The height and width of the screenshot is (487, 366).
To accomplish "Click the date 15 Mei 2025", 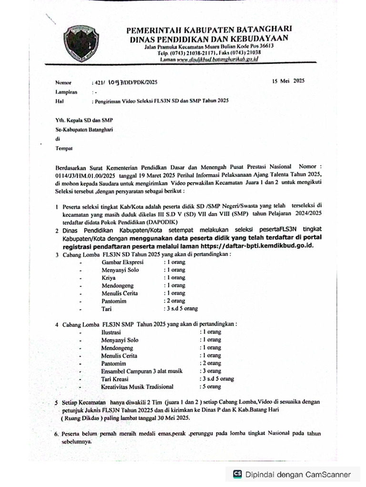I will coord(288,81).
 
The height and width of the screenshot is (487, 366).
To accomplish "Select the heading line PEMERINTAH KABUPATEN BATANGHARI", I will coord(209,30).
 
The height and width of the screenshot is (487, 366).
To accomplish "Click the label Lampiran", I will coord(66,92).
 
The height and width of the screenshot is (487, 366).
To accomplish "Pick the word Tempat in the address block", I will coord(63,149).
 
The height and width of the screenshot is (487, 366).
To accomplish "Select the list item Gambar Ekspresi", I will coord(123,262).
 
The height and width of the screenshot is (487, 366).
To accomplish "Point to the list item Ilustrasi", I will coord(111,332).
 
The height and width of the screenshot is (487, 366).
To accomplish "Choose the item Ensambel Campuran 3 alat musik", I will coord(144,371).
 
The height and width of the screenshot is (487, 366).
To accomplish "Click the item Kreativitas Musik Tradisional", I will coord(137,387).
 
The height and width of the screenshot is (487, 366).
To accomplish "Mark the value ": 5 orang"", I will coord(210,387).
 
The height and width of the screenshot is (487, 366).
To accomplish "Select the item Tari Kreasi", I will coord(116,379).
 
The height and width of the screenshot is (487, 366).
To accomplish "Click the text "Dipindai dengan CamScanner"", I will coord(298,474).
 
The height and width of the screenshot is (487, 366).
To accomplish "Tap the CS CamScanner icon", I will coord(237,474).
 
